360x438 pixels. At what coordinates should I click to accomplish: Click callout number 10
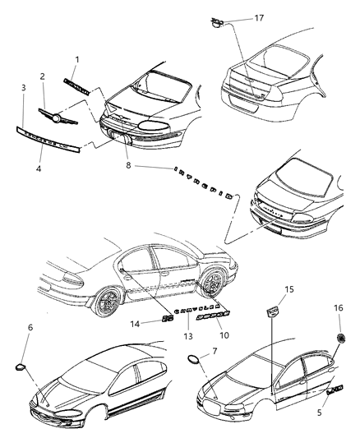222,334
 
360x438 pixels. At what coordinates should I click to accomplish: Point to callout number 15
287,290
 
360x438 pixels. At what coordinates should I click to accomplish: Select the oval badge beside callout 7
195,361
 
